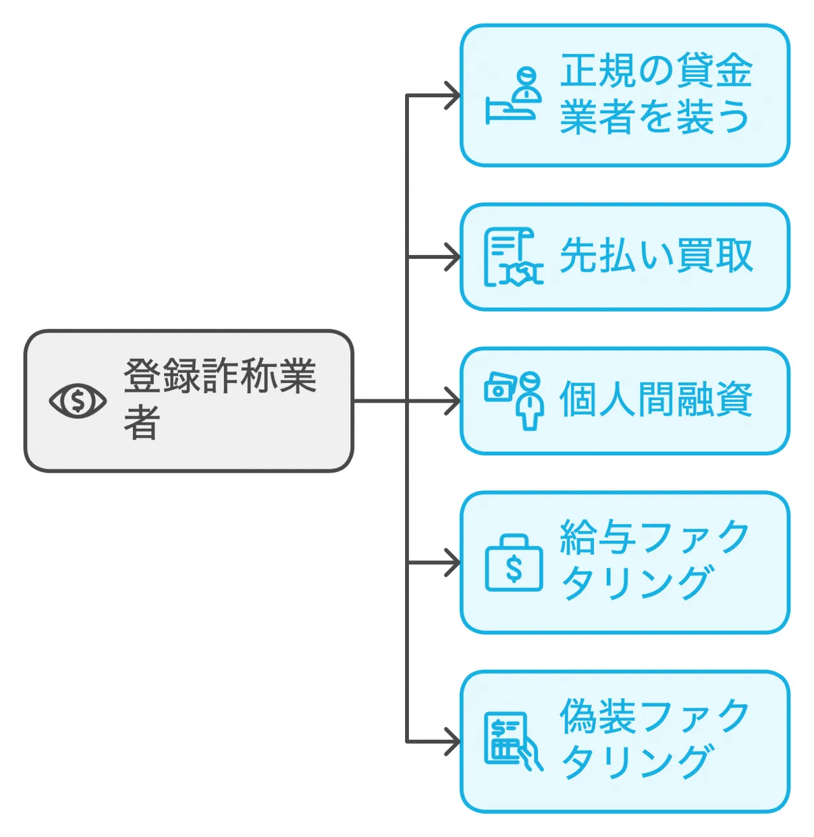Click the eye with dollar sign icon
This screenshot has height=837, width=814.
tap(78, 401)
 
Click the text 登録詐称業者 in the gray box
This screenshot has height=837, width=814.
tap(219, 398)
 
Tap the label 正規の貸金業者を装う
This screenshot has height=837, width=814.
tap(655, 94)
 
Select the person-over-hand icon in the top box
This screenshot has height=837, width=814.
tap(514, 95)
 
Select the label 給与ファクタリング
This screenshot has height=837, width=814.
tap(655, 560)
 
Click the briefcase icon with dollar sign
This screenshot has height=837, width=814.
tap(514, 564)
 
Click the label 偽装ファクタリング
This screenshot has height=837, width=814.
tap(655, 739)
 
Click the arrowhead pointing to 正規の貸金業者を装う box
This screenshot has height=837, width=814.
tap(453, 96)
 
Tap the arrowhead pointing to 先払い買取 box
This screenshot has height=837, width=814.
tap(453, 257)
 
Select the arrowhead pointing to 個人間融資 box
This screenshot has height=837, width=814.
tap(453, 401)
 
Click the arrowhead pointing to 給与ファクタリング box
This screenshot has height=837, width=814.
tap(453, 563)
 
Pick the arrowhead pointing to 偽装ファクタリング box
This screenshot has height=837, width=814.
tap(453, 742)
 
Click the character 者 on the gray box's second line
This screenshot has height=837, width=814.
tap(141, 422)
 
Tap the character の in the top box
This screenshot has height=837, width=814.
tap(655, 71)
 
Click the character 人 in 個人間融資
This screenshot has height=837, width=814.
tap(617, 400)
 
